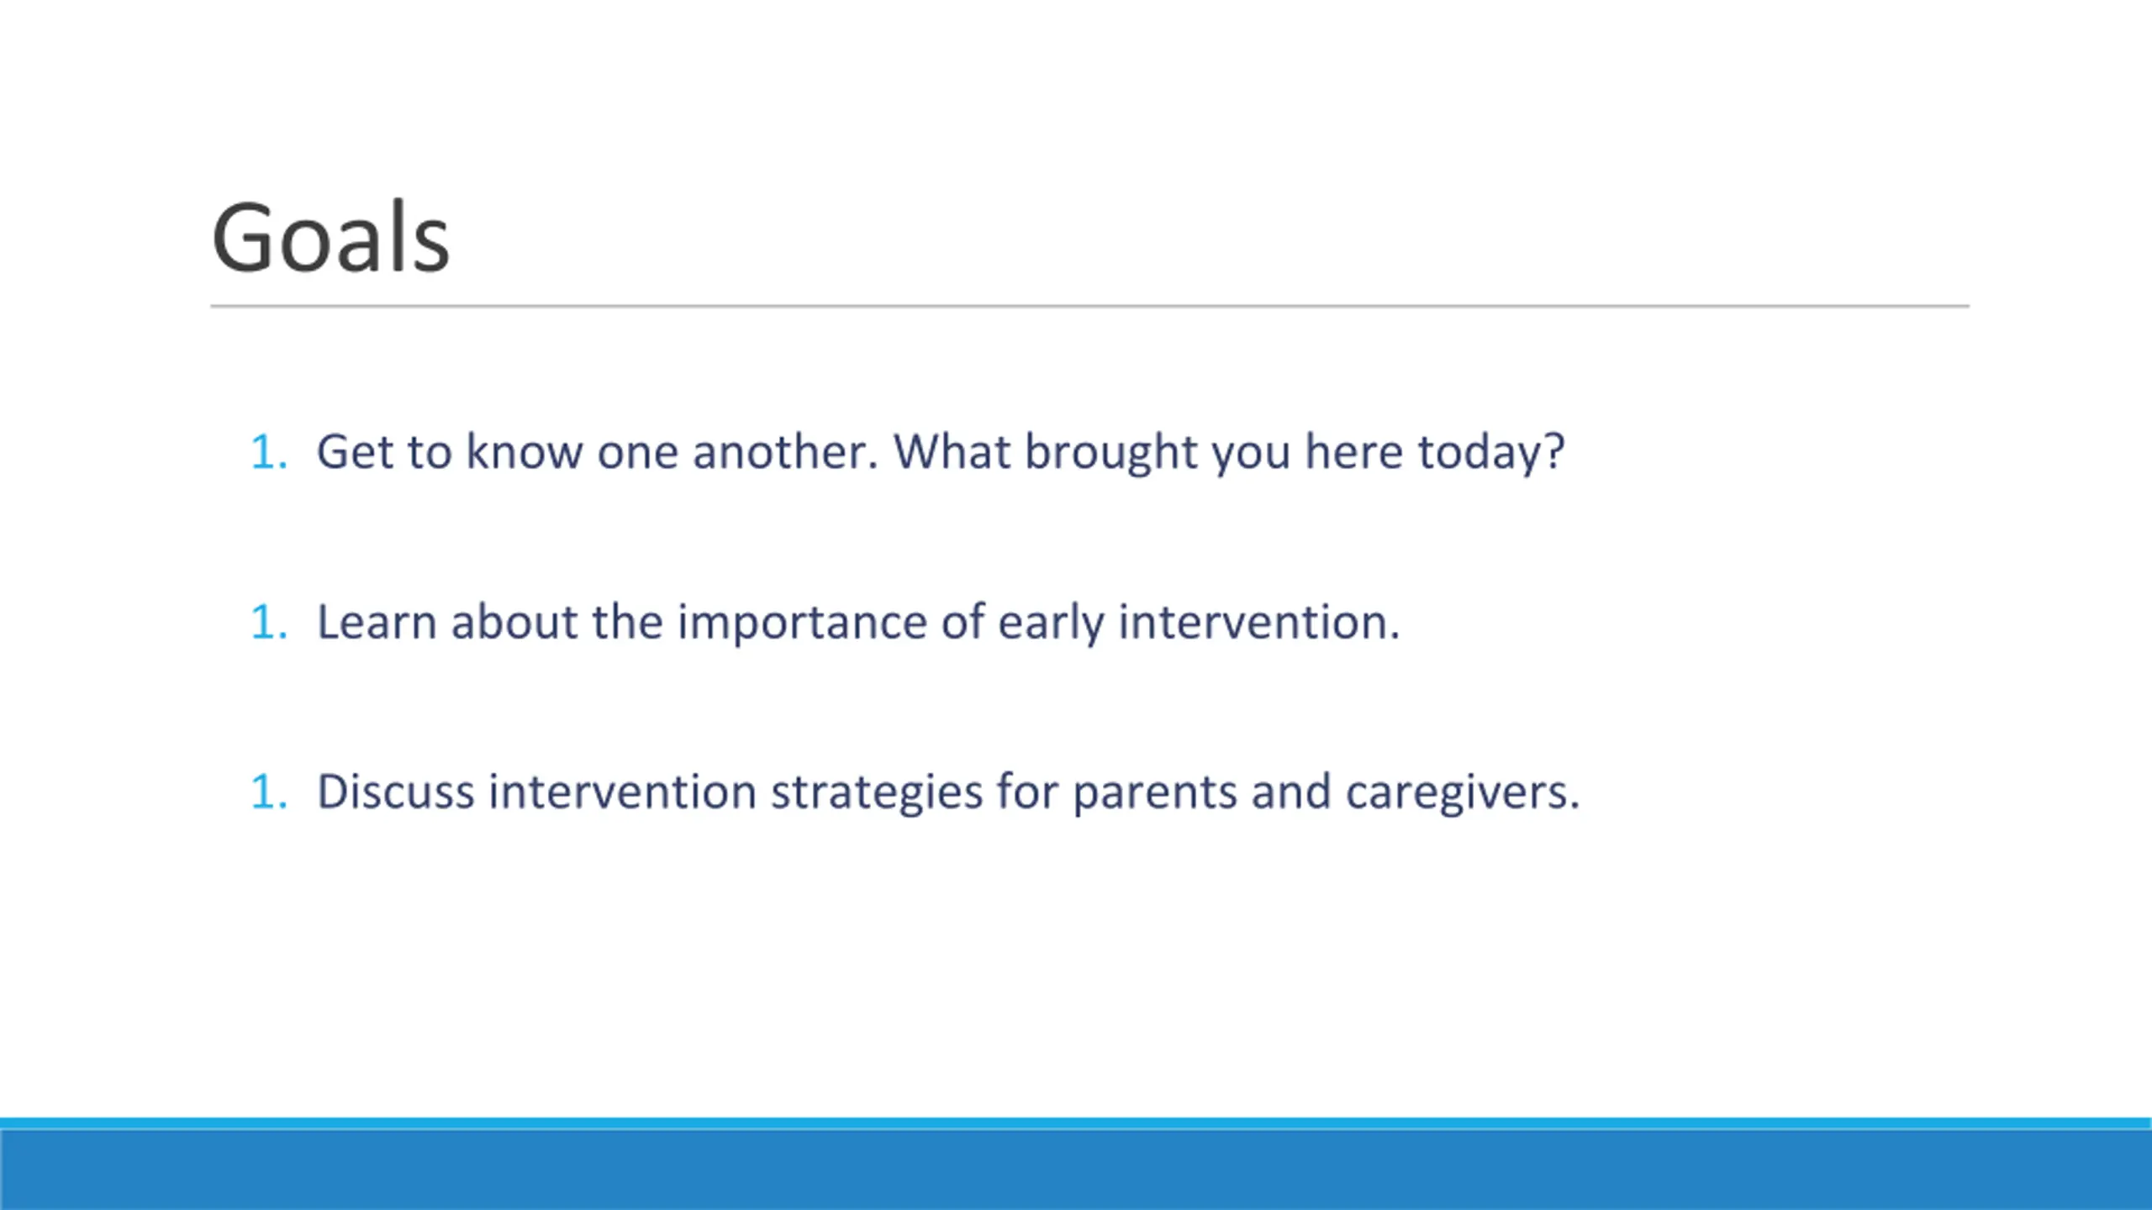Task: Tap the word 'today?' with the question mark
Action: (x=1491, y=454)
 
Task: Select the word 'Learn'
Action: (x=377, y=622)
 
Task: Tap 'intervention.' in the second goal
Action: (x=1259, y=622)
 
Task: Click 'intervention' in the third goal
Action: (x=622, y=792)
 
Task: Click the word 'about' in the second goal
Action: (x=514, y=622)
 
